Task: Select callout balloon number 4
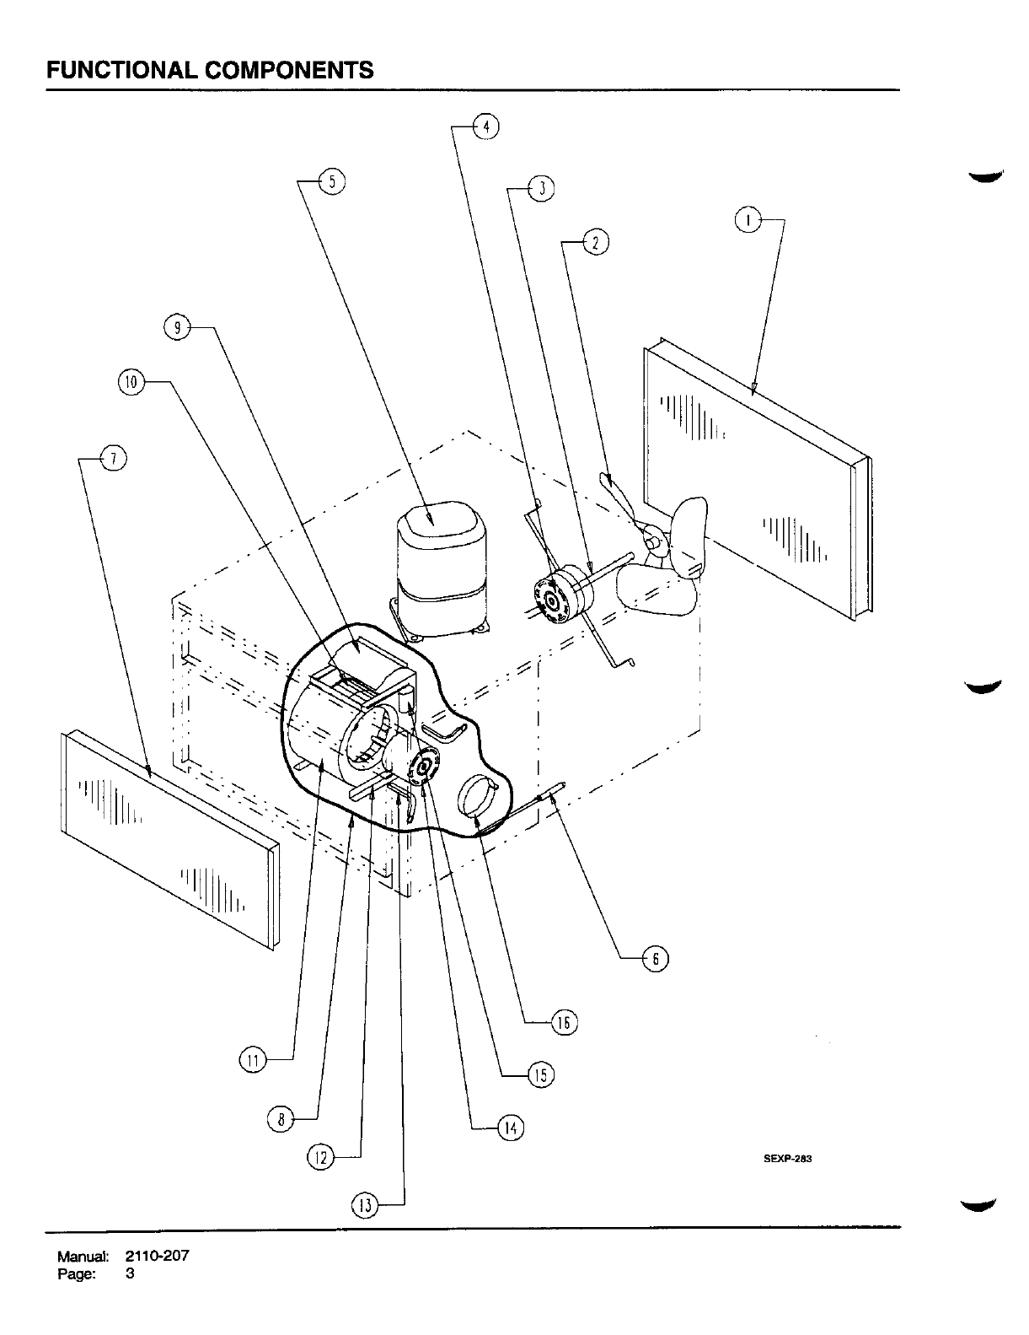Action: [x=486, y=127]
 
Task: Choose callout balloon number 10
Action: [x=131, y=382]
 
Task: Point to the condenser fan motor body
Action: [x=560, y=599]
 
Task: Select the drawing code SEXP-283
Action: [x=786, y=1158]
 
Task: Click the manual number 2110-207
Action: [x=158, y=1255]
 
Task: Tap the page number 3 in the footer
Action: [x=130, y=1273]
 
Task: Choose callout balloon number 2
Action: [x=596, y=243]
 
